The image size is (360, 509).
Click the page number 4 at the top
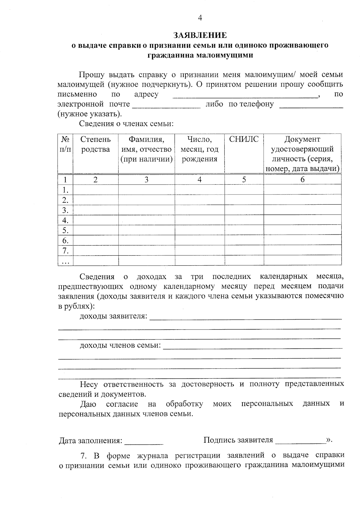(200, 18)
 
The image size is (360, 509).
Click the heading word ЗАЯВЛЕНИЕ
(200, 35)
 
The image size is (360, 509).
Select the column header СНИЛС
(244, 139)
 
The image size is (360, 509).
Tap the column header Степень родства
(95, 144)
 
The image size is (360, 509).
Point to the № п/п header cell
(65, 144)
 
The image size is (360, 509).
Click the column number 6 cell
(302, 179)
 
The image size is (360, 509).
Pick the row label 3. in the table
(65, 210)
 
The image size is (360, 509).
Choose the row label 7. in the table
(65, 250)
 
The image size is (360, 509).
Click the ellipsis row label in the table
(65, 261)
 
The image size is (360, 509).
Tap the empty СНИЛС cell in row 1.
(244, 190)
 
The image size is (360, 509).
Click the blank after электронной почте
(166, 105)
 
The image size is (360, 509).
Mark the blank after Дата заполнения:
(144, 441)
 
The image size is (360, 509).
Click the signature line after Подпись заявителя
(300, 441)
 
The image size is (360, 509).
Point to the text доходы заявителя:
(113, 316)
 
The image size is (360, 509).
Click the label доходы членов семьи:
(120, 345)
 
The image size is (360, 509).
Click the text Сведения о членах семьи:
(126, 124)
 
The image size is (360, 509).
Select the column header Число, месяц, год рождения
(199, 149)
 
